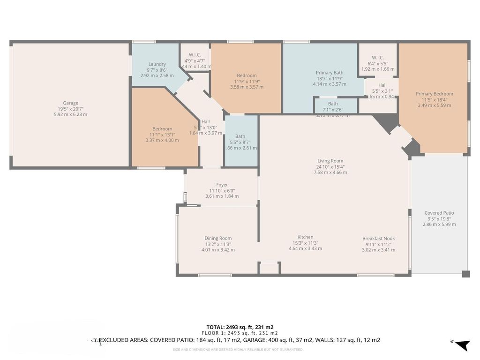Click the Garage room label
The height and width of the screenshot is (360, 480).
click(71, 103)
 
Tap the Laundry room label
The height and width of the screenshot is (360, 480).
click(157, 64)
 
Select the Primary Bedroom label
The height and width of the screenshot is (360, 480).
click(434, 94)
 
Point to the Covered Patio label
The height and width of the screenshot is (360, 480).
click(439, 213)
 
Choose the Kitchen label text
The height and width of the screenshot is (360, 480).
click(305, 237)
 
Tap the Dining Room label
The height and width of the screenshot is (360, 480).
click(218, 238)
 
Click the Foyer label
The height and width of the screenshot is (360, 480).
click(222, 185)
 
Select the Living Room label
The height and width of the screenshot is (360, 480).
click(330, 161)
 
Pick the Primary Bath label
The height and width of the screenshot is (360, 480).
click(330, 73)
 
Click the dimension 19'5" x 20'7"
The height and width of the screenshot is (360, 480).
click(71, 109)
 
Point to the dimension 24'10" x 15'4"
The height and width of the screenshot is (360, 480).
click(330, 167)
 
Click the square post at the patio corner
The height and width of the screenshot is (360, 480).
click(465, 274)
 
